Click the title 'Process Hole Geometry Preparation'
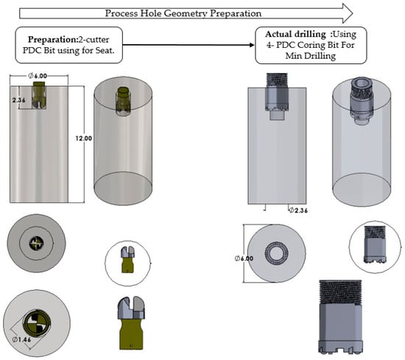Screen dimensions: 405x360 183,13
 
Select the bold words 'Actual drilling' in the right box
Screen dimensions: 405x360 295,34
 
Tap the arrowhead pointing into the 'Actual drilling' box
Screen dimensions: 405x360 252,45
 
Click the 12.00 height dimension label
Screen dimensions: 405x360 83,138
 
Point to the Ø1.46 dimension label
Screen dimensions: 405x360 21,339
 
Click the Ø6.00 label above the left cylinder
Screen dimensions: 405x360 38,76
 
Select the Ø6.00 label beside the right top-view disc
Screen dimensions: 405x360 244,258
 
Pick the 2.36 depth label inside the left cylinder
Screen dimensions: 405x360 18,100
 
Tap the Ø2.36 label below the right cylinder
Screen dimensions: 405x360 298,211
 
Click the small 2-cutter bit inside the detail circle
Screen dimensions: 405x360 128,259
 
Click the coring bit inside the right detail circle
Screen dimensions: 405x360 375,244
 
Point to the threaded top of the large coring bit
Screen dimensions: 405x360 340,292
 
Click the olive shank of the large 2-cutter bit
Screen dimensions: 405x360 131,334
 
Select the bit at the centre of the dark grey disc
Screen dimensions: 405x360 36,243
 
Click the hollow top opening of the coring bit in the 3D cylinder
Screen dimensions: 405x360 362,82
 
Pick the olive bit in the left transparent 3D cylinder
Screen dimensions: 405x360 123,101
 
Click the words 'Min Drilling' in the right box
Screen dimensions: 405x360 311,56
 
